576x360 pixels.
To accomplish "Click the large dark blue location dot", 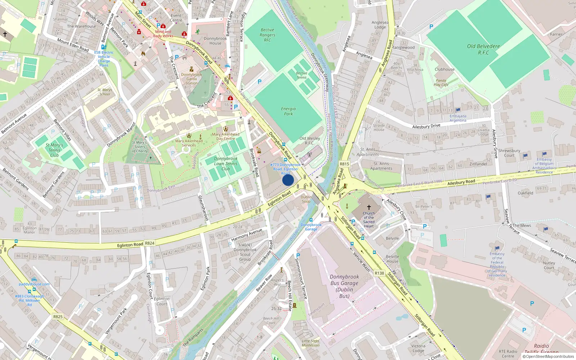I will tap(288, 180).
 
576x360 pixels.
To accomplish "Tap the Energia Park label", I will tap(288, 111).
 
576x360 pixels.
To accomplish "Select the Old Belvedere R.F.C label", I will tap(483, 49).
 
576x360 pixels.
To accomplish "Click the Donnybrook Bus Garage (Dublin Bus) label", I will tap(344, 286).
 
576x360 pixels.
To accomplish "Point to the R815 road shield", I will tap(345, 164).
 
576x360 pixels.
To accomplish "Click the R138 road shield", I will tap(379, 273).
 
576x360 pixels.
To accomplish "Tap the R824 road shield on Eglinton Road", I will tap(150, 243).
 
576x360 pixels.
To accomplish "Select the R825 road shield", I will tap(58, 317).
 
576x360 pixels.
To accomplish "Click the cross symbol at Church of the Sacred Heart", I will tap(369, 207).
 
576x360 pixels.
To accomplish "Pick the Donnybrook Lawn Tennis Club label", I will tap(226, 163).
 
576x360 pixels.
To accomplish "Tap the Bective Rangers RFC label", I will tap(267, 35).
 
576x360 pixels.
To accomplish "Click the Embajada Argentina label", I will tap(458, 118).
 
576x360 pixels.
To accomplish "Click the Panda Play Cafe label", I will tap(441, 83).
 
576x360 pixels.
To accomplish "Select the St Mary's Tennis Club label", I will tap(54, 150).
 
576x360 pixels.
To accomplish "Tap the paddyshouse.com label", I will tap(34, 284).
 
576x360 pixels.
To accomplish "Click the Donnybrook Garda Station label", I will tap(192, 79).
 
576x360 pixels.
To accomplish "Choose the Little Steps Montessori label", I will tap(310, 343).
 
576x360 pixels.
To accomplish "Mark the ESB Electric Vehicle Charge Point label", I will tap(104, 59).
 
